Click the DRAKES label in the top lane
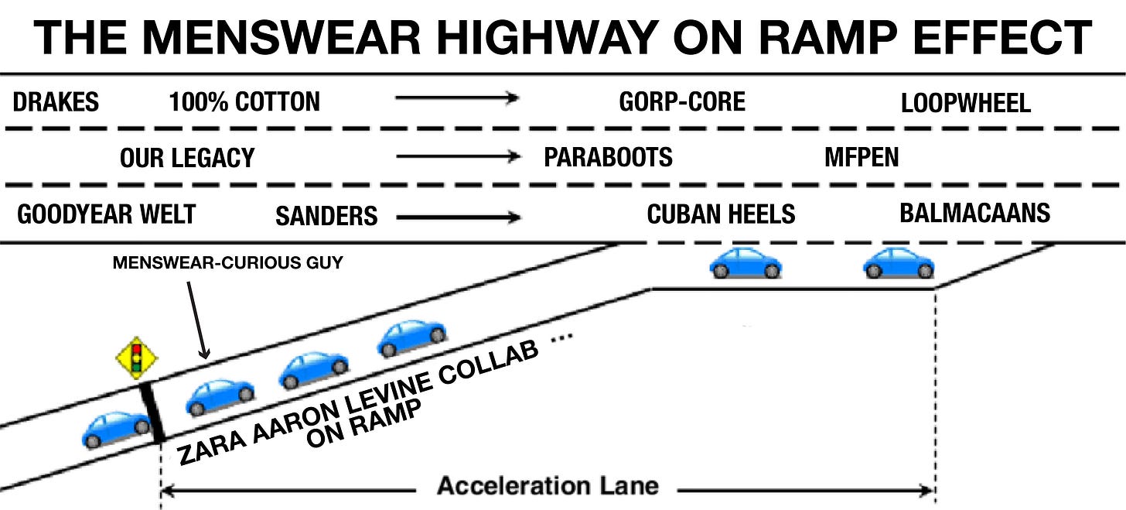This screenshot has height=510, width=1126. click(x=56, y=101)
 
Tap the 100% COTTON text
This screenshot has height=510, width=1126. click(x=244, y=101)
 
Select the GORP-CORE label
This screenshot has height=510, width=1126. click(x=682, y=101)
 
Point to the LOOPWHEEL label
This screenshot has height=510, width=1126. click(x=966, y=103)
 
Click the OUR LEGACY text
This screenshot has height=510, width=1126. click(x=186, y=159)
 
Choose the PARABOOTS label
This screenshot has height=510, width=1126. click(x=608, y=158)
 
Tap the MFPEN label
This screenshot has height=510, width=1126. click(x=862, y=158)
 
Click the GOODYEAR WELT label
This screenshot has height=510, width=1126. click(x=106, y=214)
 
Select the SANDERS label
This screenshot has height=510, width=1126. click(x=326, y=216)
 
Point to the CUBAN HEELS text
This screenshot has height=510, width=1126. click(x=721, y=214)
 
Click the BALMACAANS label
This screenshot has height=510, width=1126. click(x=974, y=213)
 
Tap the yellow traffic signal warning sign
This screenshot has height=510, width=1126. click(x=137, y=358)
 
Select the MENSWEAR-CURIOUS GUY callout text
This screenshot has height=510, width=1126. click(x=227, y=263)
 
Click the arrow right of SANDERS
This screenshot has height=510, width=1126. click(x=458, y=217)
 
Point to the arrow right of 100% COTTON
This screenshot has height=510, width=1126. click(x=456, y=98)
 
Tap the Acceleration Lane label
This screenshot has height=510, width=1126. click(x=548, y=486)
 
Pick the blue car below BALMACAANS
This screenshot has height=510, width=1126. click(x=898, y=263)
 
